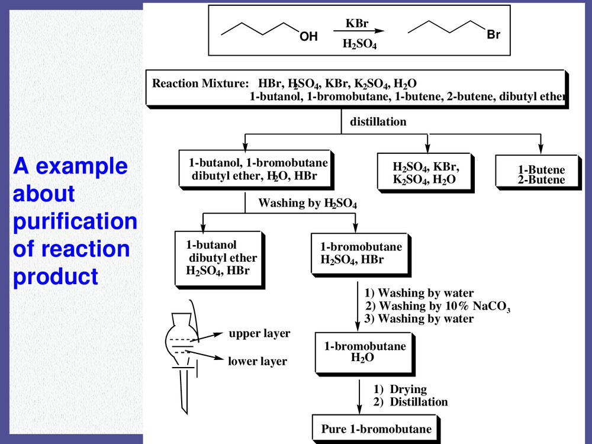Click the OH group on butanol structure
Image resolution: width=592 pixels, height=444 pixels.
pyautogui.click(x=308, y=37)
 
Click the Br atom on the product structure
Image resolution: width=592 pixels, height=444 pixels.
pyautogui.click(x=493, y=35)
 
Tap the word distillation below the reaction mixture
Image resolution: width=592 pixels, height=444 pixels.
pyautogui.click(x=378, y=122)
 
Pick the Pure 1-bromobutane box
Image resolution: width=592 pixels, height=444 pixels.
pyautogui.click(x=377, y=429)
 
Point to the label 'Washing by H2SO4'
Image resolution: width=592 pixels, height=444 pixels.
pyautogui.click(x=307, y=204)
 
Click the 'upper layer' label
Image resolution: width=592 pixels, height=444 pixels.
pyautogui.click(x=259, y=334)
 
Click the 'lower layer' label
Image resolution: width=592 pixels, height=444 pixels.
pyautogui.click(x=258, y=361)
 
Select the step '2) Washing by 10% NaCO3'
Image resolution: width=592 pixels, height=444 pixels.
pyautogui.click(x=437, y=306)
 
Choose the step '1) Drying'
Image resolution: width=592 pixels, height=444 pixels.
pyautogui.click(x=401, y=389)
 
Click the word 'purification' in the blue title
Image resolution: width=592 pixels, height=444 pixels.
pyautogui.click(x=75, y=221)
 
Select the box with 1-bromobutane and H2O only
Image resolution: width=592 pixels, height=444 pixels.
pyautogui.click(x=364, y=352)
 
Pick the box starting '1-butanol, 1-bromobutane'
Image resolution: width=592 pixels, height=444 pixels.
pyautogui.click(x=255, y=169)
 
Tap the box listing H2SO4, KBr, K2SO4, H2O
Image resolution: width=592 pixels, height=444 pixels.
pyautogui.click(x=424, y=172)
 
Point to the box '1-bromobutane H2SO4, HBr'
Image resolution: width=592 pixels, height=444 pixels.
pyautogui.click(x=360, y=253)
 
